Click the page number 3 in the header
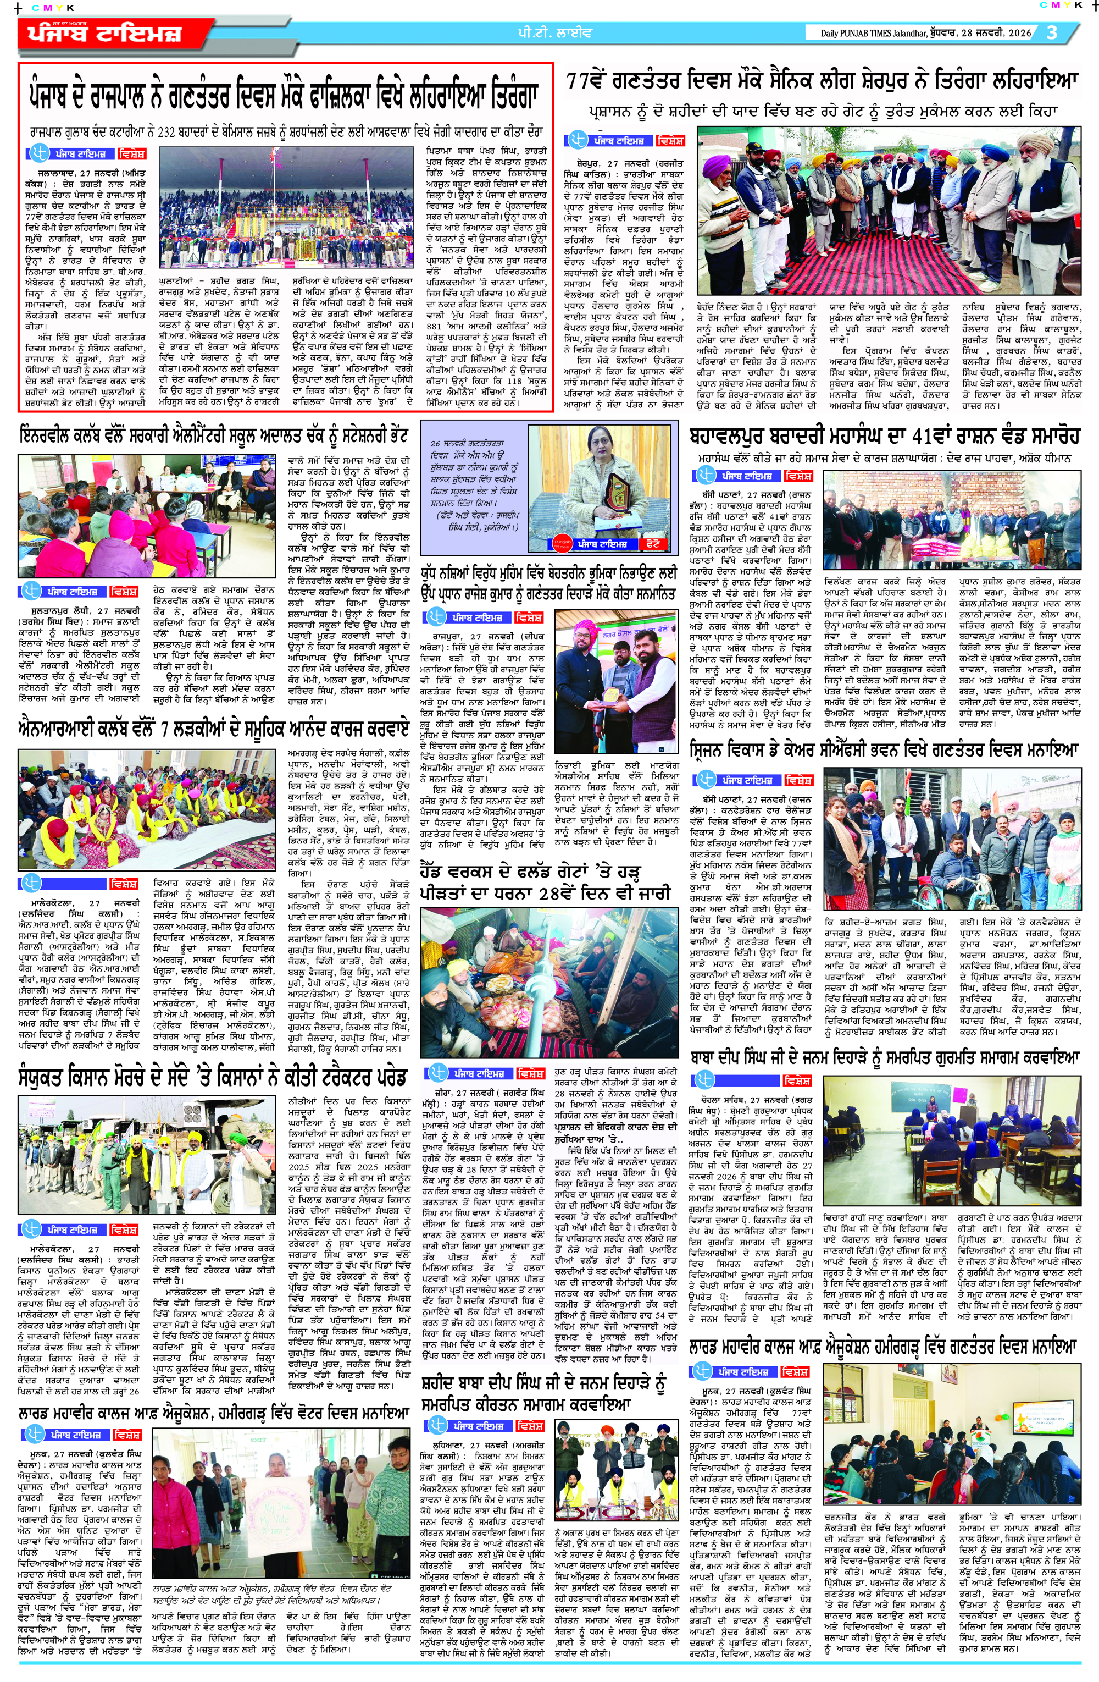click(x=1052, y=32)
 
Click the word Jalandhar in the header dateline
click(x=902, y=33)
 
